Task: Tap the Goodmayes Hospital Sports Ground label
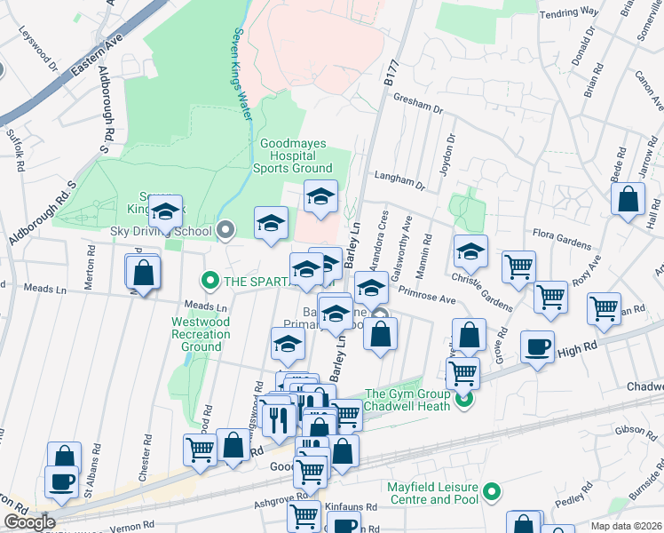(x=296, y=155)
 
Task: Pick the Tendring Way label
(x=571, y=13)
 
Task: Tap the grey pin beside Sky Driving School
(x=225, y=231)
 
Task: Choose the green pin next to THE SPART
(x=209, y=282)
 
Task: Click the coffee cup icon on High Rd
(x=536, y=346)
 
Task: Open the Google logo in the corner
(x=28, y=521)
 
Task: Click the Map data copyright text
(x=626, y=526)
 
